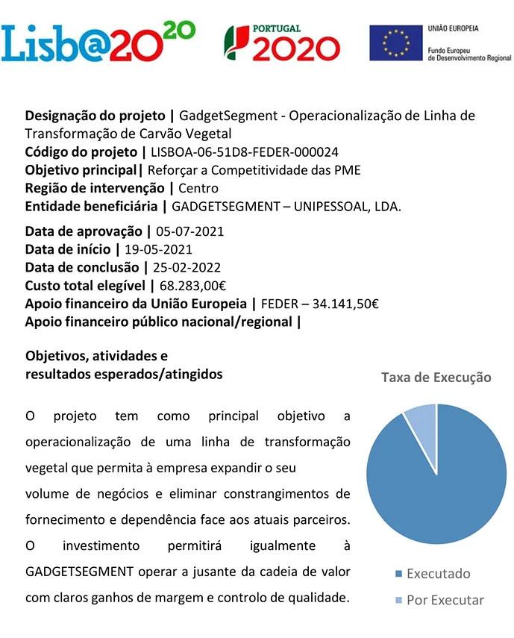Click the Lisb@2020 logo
98,42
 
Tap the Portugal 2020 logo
283,43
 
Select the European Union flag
395,43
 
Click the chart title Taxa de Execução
436,378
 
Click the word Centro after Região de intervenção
198,188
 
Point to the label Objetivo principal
81,170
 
